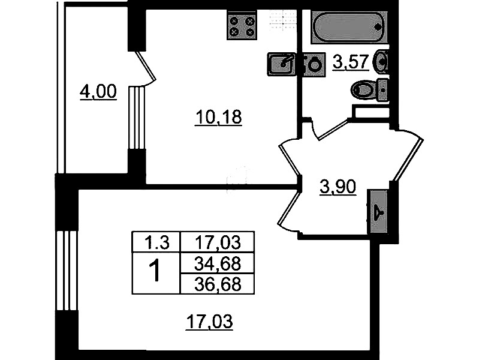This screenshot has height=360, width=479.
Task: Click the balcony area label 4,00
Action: tap(98, 92)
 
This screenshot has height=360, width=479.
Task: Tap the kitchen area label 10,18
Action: tap(218, 118)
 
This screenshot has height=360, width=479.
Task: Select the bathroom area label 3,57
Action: tap(351, 62)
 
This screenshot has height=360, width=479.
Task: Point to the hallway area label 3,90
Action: tap(338, 187)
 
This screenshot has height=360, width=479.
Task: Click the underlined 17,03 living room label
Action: tap(209, 322)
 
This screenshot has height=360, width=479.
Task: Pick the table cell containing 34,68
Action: tap(218, 263)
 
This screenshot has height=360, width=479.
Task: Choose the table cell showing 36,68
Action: tap(218, 284)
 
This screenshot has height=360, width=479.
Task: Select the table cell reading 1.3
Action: tap(156, 242)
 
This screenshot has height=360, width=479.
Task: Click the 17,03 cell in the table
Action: tap(218, 242)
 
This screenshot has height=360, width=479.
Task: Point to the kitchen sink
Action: tap(281, 64)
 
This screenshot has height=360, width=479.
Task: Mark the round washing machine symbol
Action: tap(314, 65)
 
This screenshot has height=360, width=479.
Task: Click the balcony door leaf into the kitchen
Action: tap(146, 66)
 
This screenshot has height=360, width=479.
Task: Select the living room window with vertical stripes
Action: tap(67, 271)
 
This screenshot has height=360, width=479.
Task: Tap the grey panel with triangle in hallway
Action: tap(378, 211)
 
